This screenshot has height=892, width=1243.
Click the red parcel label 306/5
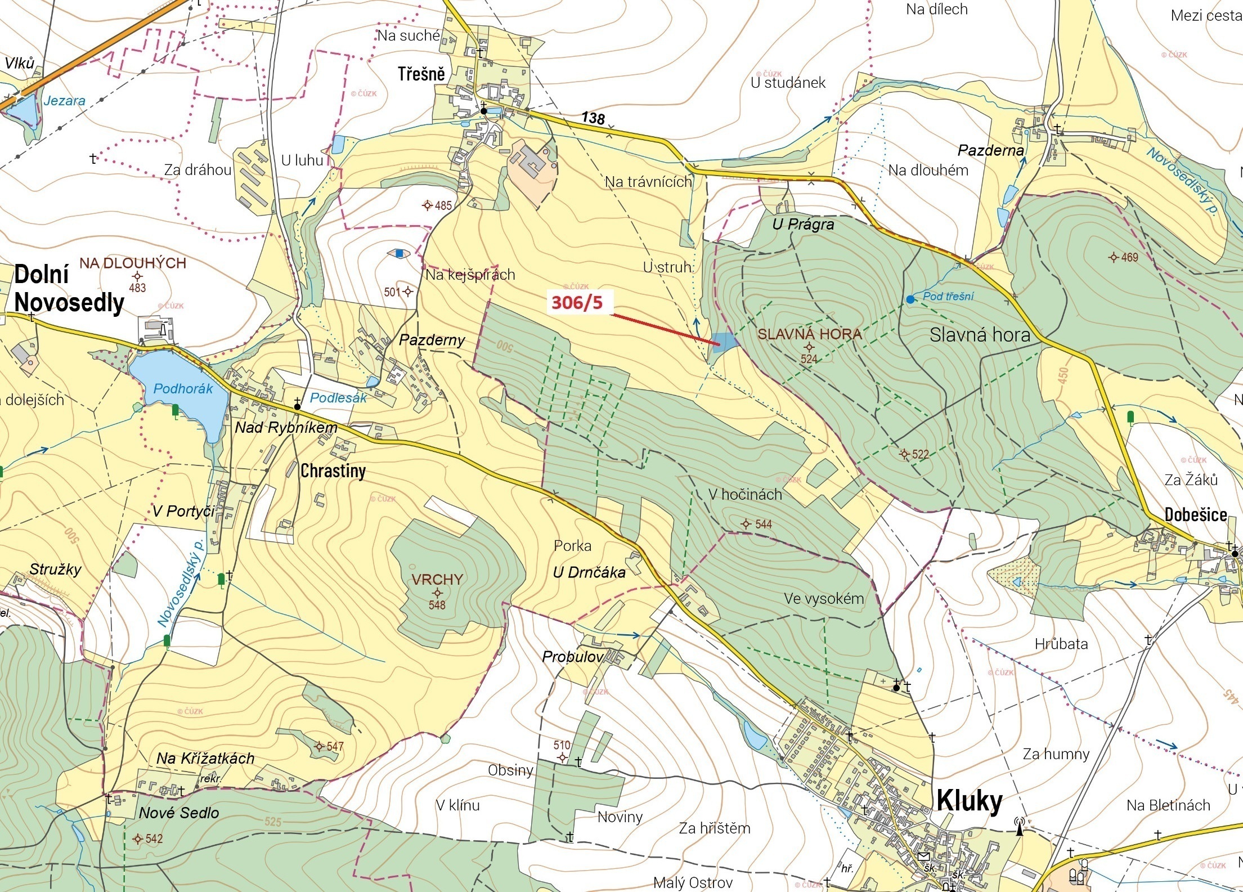pyautogui.click(x=577, y=303)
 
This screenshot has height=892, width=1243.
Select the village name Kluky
pyautogui.click(x=969, y=801)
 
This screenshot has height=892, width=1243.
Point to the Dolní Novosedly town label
pyautogui.click(x=68, y=289)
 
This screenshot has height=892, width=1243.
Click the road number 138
pyautogui.click(x=593, y=118)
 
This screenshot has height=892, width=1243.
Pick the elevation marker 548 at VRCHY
pyautogui.click(x=437, y=593)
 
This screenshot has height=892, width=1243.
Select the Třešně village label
pyautogui.click(x=421, y=74)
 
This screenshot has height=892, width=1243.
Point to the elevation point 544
pyautogui.click(x=746, y=524)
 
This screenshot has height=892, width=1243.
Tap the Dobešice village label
pyautogui.click(x=1195, y=514)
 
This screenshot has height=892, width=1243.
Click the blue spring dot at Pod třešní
pyautogui.click(x=910, y=299)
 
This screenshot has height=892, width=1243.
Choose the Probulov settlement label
pyautogui.click(x=573, y=657)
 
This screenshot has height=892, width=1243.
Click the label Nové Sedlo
pyautogui.click(x=179, y=813)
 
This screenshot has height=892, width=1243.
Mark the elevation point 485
pyautogui.click(x=428, y=205)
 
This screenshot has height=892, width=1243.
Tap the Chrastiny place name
pyautogui.click(x=333, y=470)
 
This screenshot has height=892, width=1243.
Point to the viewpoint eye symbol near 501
pyautogui.click(x=400, y=254)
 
